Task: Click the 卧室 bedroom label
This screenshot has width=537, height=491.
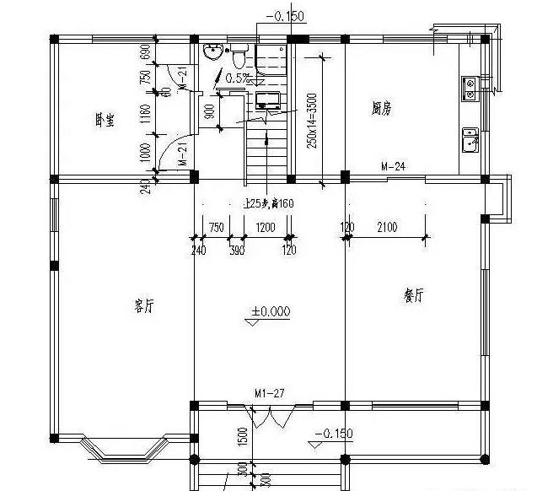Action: pyautogui.click(x=105, y=120)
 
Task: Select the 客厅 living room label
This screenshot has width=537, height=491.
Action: pyautogui.click(x=144, y=306)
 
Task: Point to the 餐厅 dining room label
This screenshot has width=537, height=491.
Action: pyautogui.click(x=413, y=296)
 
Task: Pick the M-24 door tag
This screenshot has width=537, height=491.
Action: pyautogui.click(x=394, y=166)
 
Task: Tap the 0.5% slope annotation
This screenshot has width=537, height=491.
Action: pyautogui.click(x=236, y=78)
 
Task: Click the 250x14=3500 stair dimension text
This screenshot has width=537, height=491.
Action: pyautogui.click(x=312, y=121)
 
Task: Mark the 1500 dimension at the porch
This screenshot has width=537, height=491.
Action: pyautogui.click(x=242, y=436)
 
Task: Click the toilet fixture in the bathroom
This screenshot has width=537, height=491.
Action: pyautogui.click(x=239, y=56)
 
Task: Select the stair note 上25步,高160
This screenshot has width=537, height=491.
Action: pyautogui.click(x=269, y=203)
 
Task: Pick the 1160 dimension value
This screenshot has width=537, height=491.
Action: pyautogui.click(x=145, y=115)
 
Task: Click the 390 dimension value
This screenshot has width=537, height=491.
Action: pyautogui.click(x=238, y=251)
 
